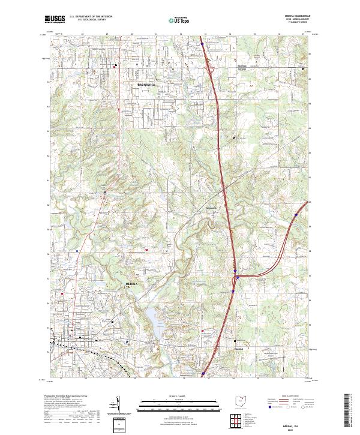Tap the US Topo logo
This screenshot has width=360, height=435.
point(173,19)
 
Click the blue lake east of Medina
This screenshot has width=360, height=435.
point(154,325)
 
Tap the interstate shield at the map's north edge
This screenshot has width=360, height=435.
point(202,43)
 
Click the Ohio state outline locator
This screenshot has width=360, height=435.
point(241,401)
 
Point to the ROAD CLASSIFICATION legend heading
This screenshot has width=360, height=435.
point(293,397)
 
